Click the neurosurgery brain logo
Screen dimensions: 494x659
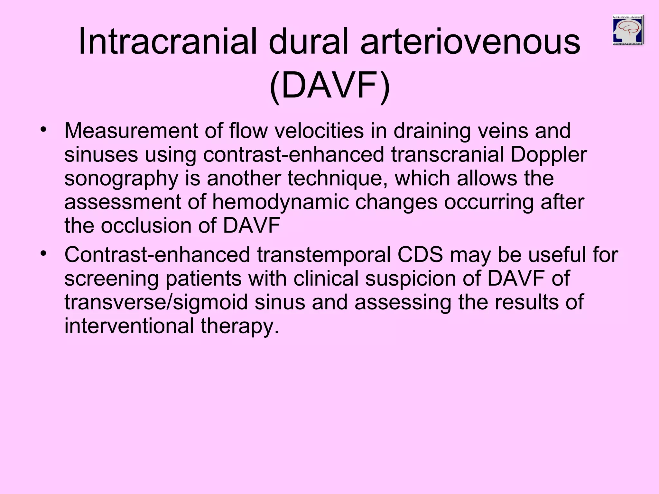(x=628, y=30)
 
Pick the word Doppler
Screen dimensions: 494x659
(x=549, y=155)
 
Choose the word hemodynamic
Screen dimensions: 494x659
(x=280, y=202)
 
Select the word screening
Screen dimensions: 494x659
(x=111, y=279)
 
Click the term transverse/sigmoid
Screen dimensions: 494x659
(x=156, y=302)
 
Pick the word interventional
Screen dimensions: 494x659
(x=129, y=326)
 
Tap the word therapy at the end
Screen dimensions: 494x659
(x=240, y=326)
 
